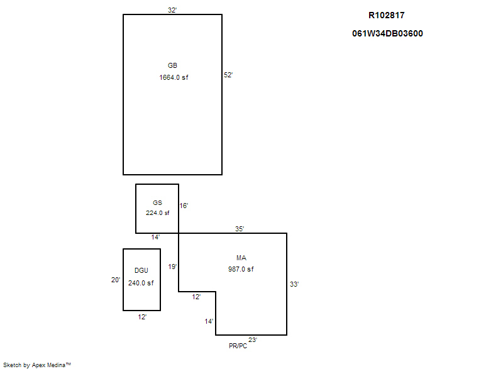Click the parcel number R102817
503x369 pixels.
pos(386,15)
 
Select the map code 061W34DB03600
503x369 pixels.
pos(387,33)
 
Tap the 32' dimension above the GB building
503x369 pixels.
pos(172,10)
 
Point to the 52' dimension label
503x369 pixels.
pos(228,75)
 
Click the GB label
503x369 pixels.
pos(172,65)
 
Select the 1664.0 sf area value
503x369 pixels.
pos(174,77)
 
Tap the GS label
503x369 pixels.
pos(157,202)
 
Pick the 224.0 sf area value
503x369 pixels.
pos(158,212)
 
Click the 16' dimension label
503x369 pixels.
pos(184,206)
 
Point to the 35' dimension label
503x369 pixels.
pos(240,229)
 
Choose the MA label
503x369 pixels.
pos(241,258)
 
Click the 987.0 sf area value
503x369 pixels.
pos(241,269)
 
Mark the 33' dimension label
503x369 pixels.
pos(294,284)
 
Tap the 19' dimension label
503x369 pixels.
pos(172,267)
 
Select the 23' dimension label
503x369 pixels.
pos(252,340)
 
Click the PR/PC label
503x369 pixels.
pos(238,346)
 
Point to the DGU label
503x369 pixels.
pos(141,271)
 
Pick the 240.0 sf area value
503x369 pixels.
pos(141,283)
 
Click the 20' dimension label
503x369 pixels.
pos(116,280)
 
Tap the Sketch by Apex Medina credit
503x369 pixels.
pos(36,365)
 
